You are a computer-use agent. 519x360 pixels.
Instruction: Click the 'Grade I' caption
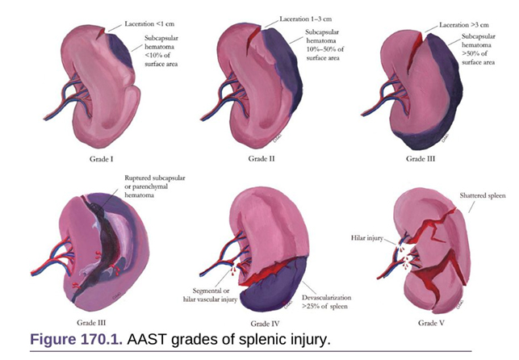tap(101, 159)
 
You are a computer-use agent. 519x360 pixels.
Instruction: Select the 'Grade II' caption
tap(262, 158)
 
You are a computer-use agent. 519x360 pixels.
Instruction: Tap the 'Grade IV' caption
tap(265, 323)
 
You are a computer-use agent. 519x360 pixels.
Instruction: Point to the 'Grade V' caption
tap(431, 323)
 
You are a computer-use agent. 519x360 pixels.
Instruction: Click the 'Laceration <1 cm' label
tap(149, 24)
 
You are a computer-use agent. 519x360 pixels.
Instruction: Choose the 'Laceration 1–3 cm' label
tap(306, 19)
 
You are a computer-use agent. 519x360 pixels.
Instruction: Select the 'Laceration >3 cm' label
tap(464, 25)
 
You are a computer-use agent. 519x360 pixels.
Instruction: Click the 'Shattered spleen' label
tap(483, 195)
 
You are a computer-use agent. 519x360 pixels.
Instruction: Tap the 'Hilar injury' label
tap(367, 237)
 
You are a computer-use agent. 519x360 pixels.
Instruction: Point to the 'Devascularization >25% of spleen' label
tap(326, 302)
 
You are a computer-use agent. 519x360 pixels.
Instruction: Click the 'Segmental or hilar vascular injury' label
tap(210, 295)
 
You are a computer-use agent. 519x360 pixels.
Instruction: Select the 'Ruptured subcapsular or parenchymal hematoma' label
tap(155, 186)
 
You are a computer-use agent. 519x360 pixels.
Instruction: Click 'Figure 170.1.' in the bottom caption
tap(76, 339)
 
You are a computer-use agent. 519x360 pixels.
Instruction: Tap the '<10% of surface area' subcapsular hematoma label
tap(161, 51)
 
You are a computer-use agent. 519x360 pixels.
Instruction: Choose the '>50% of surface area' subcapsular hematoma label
tap(479, 49)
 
